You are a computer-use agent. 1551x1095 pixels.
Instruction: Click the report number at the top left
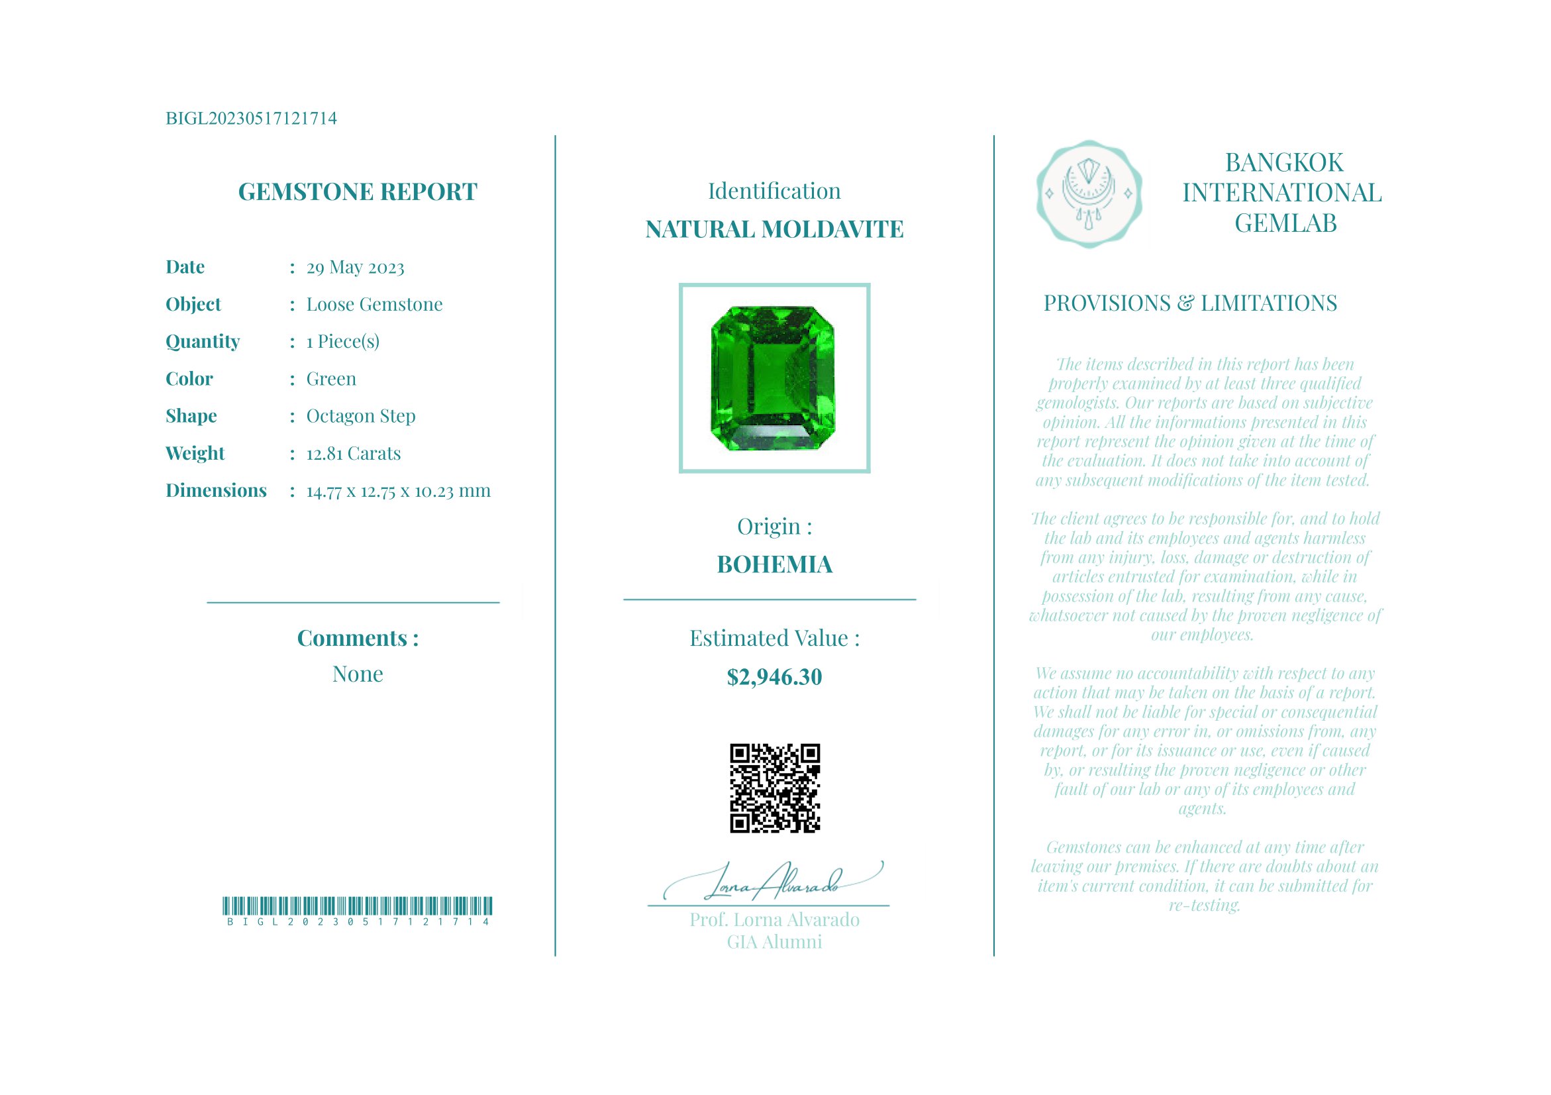pyautogui.click(x=250, y=119)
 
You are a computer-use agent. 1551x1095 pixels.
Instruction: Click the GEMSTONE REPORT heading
pyautogui.click(x=358, y=192)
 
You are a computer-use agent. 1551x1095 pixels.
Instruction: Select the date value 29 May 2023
pyautogui.click(x=356, y=268)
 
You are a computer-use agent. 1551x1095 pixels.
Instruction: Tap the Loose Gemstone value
pyautogui.click(x=374, y=305)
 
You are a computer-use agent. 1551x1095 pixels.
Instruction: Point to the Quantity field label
pyautogui.click(x=203, y=342)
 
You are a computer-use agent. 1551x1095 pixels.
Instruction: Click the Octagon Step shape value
pyautogui.click(x=361, y=416)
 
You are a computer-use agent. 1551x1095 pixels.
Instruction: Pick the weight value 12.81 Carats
pyautogui.click(x=353, y=453)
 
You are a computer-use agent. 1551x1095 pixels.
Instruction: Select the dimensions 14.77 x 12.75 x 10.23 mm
pyautogui.click(x=399, y=491)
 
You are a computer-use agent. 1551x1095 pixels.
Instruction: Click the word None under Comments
pyautogui.click(x=358, y=674)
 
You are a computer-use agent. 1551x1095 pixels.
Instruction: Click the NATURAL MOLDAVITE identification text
pyautogui.click(x=774, y=230)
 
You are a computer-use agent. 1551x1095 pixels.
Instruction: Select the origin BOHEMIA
pyautogui.click(x=774, y=565)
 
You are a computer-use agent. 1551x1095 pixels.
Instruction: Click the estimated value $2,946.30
pyautogui.click(x=774, y=678)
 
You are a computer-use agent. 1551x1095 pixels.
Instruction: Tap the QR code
pyautogui.click(x=775, y=788)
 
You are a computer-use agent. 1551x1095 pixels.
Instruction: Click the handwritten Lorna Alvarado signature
pyautogui.click(x=774, y=882)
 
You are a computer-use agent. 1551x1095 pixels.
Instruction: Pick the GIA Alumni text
pyautogui.click(x=774, y=943)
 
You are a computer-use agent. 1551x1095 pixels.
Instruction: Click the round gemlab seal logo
pyautogui.click(x=1089, y=194)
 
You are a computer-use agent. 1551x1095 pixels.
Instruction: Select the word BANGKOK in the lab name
pyautogui.click(x=1284, y=163)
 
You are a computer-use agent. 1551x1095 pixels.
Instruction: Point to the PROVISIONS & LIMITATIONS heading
pyautogui.click(x=1190, y=303)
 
